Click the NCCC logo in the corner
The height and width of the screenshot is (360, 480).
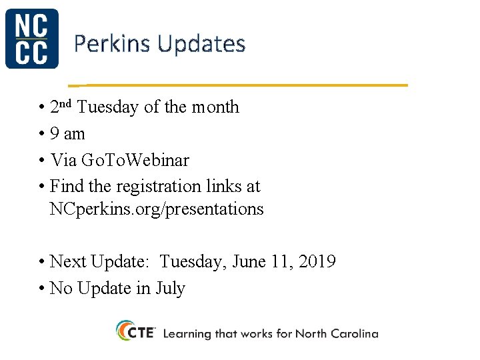[31, 39]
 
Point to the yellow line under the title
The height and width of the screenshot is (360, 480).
[240, 85]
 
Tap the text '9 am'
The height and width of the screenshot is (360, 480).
[67, 134]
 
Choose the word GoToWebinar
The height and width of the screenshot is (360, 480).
[135, 161]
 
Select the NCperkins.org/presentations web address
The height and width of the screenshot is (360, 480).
[157, 209]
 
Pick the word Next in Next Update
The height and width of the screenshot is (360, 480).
[68, 262]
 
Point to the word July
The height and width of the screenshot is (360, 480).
[170, 289]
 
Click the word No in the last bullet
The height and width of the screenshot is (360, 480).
[61, 289]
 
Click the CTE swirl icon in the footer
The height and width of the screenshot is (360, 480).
[125, 331]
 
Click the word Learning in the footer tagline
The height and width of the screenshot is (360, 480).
[187, 333]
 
